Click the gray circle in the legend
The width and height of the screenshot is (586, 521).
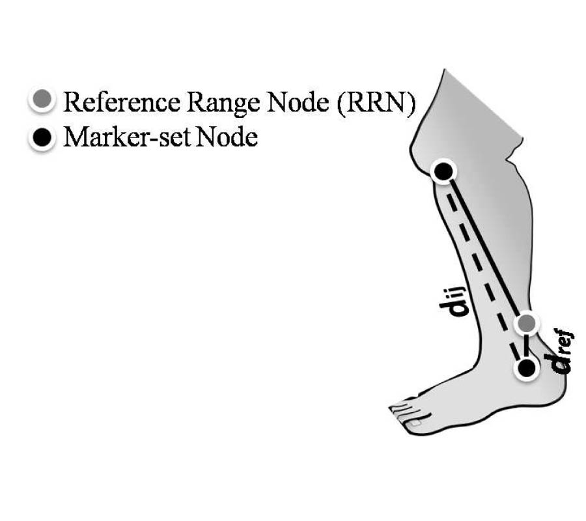pos(41,102)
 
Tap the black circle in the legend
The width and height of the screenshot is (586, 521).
pos(41,138)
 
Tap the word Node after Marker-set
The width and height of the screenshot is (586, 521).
pos(227,138)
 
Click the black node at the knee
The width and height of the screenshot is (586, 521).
pos(443,171)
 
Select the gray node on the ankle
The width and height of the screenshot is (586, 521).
pos(527,322)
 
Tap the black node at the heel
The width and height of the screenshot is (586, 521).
pos(527,368)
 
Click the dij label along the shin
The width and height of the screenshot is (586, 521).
pos(461,302)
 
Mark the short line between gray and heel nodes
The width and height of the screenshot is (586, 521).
pos(527,345)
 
